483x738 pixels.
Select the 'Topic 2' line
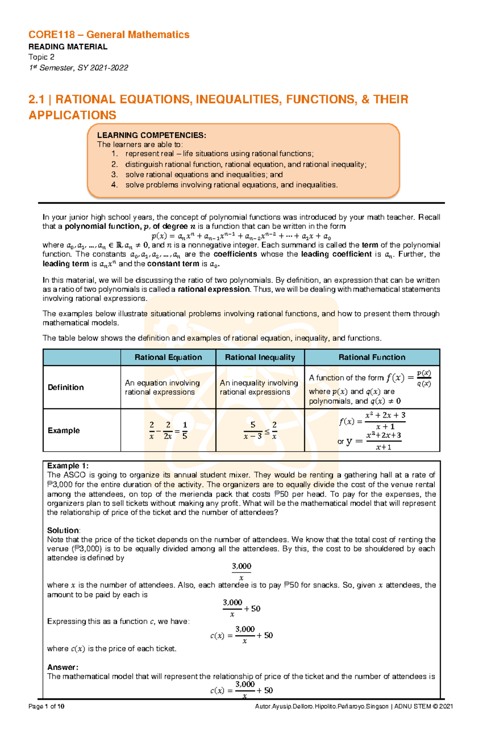pos(41,57)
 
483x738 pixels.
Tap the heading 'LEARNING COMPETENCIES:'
pos(151,136)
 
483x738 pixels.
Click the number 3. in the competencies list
pos(115,175)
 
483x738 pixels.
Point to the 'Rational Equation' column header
pos(168,357)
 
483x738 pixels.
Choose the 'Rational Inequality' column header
pos(260,357)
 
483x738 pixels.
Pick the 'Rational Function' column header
pos(372,357)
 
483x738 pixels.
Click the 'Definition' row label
pos(66,387)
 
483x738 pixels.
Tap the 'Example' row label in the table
pos(64,430)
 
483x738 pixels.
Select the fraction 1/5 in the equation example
pos(185,430)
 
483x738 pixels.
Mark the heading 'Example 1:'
pos(68,466)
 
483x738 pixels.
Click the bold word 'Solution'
pos(63,530)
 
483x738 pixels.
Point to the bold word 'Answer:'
pos(62,667)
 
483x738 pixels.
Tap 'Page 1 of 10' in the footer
pos(46,706)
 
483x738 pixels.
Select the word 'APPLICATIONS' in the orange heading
pos(72,115)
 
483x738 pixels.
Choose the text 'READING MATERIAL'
pos(68,47)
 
